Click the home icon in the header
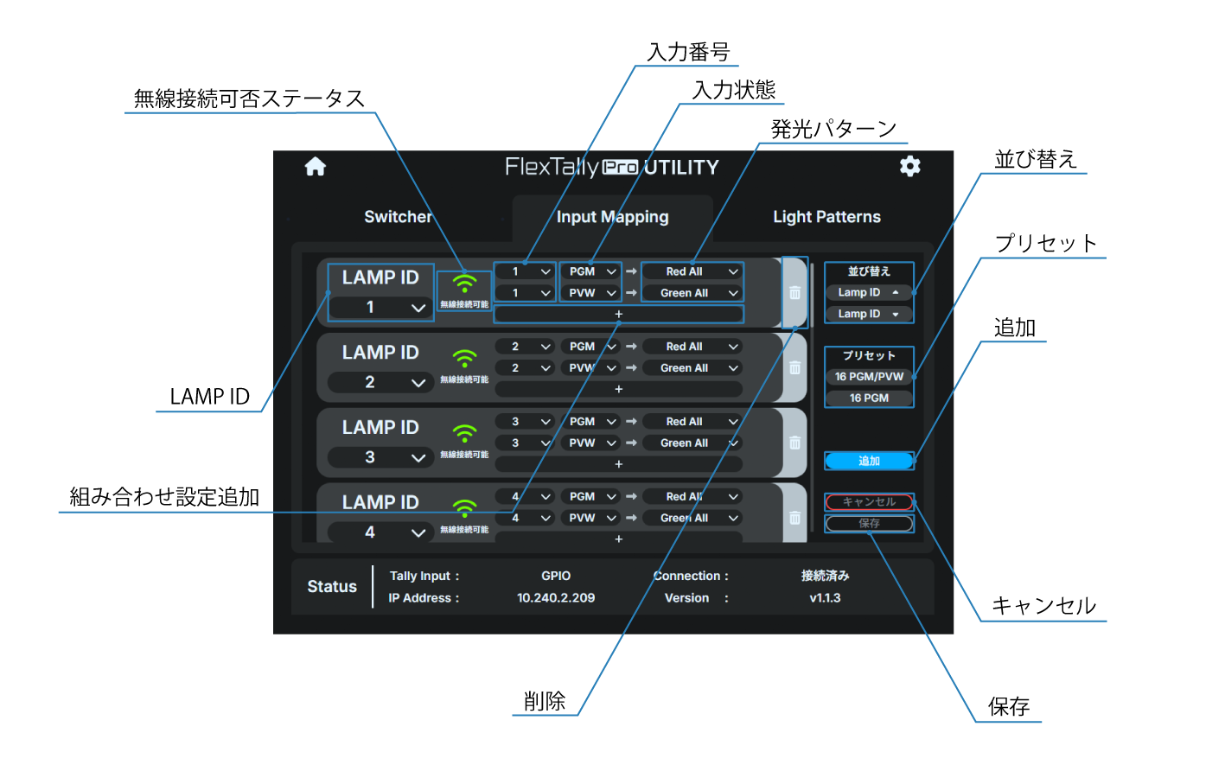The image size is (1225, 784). (x=316, y=167)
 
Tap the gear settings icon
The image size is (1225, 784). (x=909, y=166)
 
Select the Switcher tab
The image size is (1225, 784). (x=398, y=217)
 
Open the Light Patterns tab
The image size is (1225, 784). (x=826, y=217)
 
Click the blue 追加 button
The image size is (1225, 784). (x=869, y=461)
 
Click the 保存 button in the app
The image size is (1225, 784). (x=869, y=523)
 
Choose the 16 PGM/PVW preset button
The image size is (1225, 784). (x=869, y=377)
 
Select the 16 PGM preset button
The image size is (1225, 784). (x=869, y=398)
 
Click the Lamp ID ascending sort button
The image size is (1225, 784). (x=869, y=292)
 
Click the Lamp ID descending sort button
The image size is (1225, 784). (x=869, y=314)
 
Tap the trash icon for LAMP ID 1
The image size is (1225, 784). (x=794, y=293)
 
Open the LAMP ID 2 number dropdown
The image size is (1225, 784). (x=380, y=382)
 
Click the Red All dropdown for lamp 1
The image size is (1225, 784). (x=692, y=271)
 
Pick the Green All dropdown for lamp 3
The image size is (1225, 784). (x=692, y=443)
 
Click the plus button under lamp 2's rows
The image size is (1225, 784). (x=618, y=389)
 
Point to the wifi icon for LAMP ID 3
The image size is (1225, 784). (x=464, y=432)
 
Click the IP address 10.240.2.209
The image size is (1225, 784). (x=556, y=598)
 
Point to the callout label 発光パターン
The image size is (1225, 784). (x=833, y=130)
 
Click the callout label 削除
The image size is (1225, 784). (x=545, y=701)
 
